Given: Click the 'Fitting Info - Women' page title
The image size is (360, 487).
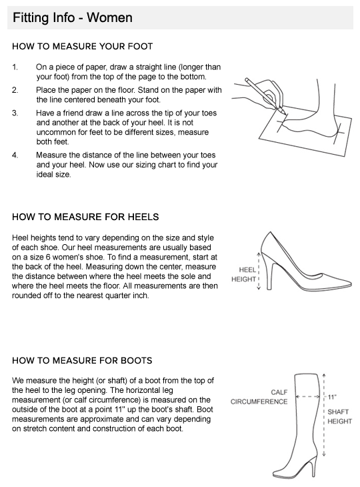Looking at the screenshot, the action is [73, 17].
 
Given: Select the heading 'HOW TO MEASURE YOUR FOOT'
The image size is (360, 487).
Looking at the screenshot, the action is [82, 47].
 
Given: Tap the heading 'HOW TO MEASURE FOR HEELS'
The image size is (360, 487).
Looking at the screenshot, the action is [85, 217].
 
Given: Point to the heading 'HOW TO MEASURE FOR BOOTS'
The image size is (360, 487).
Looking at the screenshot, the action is [82, 361].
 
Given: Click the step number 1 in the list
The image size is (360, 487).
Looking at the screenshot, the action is [15, 67].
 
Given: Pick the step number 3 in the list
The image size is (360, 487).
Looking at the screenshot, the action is [15, 113].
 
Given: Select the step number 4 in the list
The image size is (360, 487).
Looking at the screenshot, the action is [15, 155].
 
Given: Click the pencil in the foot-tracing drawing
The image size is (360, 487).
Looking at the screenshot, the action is [265, 95].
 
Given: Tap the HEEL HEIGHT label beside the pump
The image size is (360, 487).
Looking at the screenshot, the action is [243, 275].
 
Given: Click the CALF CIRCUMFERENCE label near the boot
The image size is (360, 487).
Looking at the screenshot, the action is [259, 397].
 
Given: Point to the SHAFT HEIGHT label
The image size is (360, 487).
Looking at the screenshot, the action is [339, 416].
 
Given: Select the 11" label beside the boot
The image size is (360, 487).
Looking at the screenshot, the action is [332, 397].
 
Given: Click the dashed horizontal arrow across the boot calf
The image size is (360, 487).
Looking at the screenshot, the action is [307, 397].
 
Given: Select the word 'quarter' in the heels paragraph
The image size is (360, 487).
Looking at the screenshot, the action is [117, 296].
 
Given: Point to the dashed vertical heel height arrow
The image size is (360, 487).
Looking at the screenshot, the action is [259, 271].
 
